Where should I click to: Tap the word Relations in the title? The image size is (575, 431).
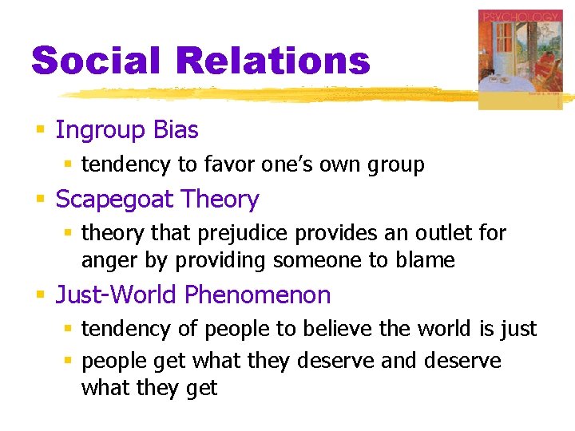tap(274, 61)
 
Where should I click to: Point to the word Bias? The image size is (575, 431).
tap(176, 130)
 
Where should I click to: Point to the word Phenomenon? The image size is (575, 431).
tap(257, 295)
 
